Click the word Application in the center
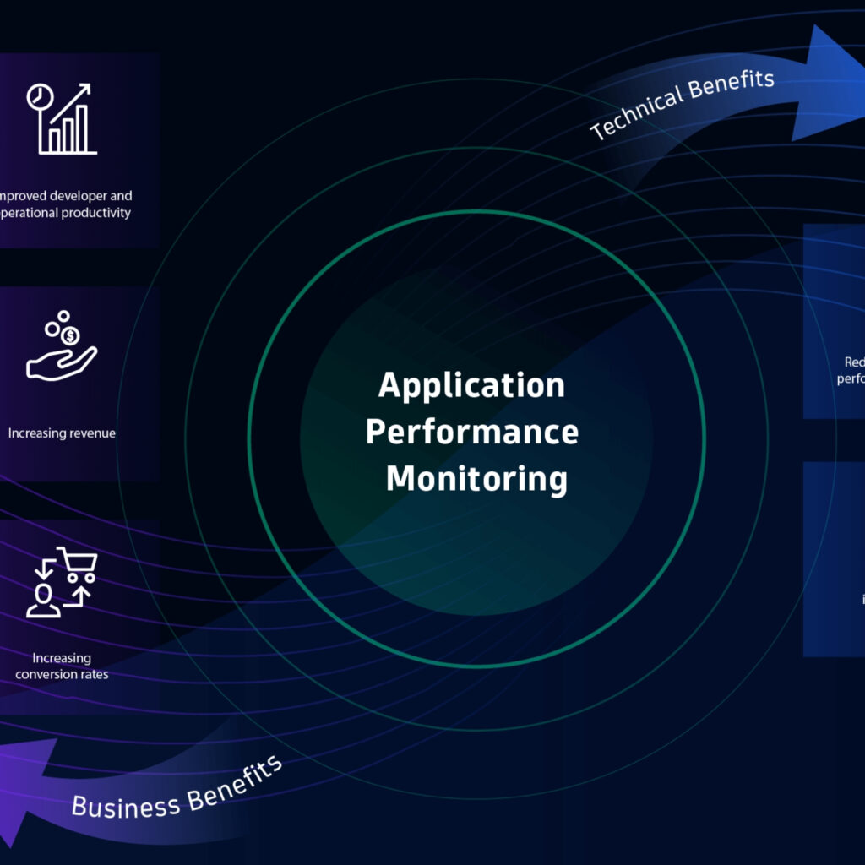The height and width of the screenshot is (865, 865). (471, 386)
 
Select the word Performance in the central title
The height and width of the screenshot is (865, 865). (471, 432)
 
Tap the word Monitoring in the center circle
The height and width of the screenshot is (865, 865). (476, 478)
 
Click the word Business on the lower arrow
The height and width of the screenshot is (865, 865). (125, 803)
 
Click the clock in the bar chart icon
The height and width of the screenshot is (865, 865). (39, 97)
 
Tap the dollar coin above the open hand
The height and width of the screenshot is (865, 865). (71, 336)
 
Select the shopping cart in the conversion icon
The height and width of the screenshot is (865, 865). (79, 563)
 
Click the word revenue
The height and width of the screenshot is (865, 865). (90, 433)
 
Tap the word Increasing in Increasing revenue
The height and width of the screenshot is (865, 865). (36, 433)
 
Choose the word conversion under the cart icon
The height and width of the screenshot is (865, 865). (46, 674)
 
